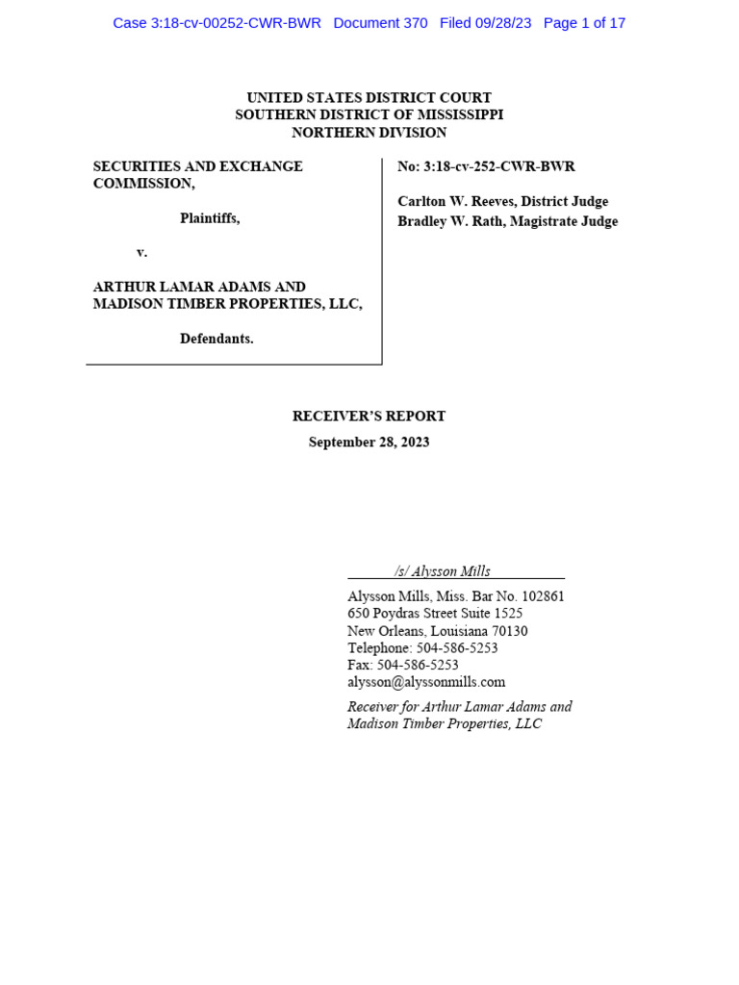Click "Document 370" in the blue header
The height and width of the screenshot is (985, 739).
380,23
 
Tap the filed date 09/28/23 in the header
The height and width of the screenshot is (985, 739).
503,23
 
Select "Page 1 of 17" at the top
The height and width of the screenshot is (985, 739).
584,23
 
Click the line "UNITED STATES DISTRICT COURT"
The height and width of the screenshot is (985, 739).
369,97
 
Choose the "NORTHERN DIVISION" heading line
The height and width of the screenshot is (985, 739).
369,133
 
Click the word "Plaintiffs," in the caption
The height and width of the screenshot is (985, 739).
210,218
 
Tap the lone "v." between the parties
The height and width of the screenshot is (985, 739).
141,252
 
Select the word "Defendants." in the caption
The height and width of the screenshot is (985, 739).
217,339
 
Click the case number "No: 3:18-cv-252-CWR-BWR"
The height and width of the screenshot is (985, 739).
486,166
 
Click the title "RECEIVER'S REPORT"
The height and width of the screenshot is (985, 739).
369,417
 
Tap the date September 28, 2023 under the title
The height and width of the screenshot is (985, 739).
369,442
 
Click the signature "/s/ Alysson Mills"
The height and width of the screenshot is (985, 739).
442,571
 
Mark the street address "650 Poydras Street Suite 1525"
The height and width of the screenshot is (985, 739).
435,614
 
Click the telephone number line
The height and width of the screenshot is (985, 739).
422,648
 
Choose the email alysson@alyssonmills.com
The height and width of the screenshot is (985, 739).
426,682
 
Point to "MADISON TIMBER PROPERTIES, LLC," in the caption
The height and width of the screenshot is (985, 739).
227,304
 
